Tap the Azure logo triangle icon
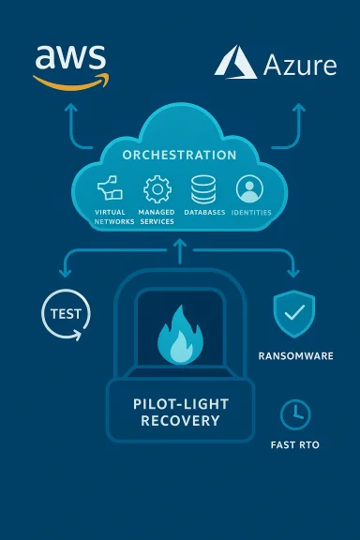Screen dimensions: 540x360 (234, 63)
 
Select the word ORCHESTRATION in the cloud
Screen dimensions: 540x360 (180, 155)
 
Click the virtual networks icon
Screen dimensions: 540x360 (110, 189)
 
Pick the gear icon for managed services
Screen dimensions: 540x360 (157, 189)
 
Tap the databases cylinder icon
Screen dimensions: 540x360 (203, 189)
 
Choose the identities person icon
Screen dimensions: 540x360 (249, 189)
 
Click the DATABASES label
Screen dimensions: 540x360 (204, 212)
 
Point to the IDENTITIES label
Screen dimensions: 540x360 (250, 212)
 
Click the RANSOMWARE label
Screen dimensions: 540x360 (294, 356)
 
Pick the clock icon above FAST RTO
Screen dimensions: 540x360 (295, 414)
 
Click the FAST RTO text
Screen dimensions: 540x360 (295, 444)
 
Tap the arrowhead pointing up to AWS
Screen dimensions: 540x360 (68, 109)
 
